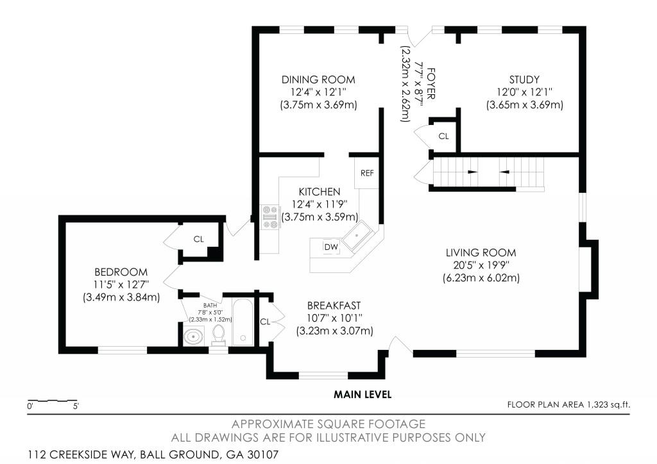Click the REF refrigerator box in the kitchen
(366, 173)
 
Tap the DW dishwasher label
(331, 247)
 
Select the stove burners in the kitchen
(269, 217)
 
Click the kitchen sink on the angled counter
(357, 237)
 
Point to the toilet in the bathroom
(218, 335)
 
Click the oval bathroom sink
(193, 336)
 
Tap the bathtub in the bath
(243, 322)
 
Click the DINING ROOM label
(318, 79)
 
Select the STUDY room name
(524, 79)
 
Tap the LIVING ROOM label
(481, 253)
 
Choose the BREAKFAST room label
(334, 306)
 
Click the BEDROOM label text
(121, 272)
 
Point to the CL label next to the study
(443, 137)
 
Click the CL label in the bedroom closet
(199, 239)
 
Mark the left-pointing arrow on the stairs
(504, 172)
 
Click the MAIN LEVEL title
(363, 394)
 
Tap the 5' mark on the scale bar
(76, 406)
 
